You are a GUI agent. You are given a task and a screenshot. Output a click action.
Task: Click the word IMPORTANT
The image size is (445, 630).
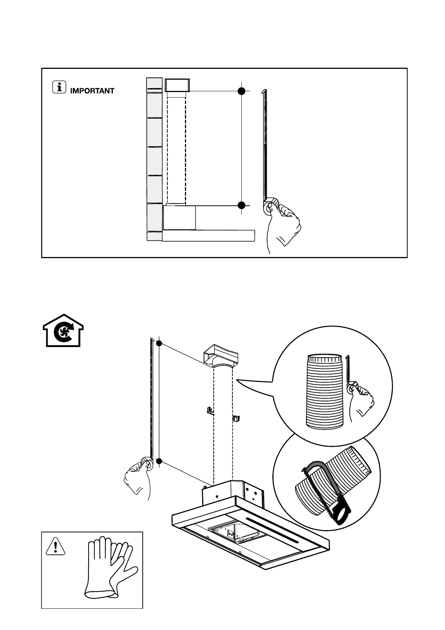pyautogui.click(x=92, y=91)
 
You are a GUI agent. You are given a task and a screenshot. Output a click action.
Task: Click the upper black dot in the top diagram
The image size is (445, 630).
pyautogui.click(x=242, y=91)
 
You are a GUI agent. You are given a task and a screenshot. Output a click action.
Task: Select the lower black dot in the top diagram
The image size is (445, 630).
pyautogui.click(x=242, y=205)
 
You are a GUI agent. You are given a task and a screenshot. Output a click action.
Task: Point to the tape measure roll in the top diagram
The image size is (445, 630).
pyautogui.click(x=270, y=207)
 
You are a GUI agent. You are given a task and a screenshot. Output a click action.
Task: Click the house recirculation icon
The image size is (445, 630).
pyautogui.click(x=63, y=330)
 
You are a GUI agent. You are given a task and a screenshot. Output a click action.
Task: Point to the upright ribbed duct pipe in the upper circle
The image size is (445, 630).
pyautogui.click(x=324, y=391)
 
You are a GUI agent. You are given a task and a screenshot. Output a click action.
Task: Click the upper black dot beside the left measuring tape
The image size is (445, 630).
pyautogui.click(x=159, y=343)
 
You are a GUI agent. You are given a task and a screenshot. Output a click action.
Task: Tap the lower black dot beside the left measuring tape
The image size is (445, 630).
pyautogui.click(x=159, y=461)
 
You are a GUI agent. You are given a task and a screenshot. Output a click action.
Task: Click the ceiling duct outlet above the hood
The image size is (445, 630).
pyautogui.click(x=220, y=358)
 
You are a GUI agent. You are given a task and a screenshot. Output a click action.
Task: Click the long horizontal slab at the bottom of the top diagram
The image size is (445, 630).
pyautogui.click(x=208, y=236)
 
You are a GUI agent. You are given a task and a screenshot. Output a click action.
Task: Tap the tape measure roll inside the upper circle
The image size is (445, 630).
pyautogui.click(x=352, y=389)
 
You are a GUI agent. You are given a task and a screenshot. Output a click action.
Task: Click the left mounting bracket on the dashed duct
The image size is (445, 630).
pyautogui.click(x=210, y=411)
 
